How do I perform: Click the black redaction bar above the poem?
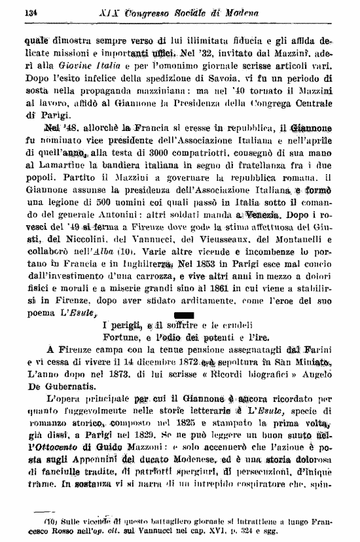179,316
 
